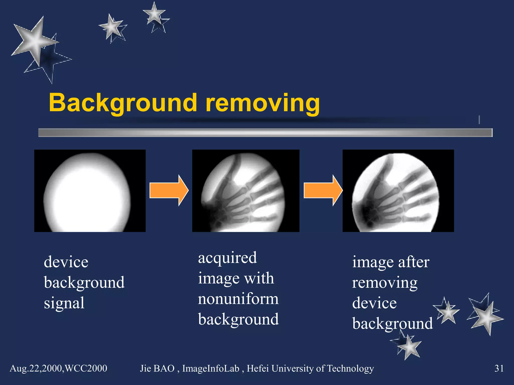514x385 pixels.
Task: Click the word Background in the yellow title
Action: coord(123,103)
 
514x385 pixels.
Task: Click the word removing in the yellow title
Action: coord(263,103)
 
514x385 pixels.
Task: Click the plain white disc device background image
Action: coord(90,191)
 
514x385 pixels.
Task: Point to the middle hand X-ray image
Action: coord(245,191)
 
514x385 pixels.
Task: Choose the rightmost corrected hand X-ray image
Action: coord(398,191)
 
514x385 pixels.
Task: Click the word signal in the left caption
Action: coord(64,303)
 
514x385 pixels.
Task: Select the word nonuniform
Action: coord(238,299)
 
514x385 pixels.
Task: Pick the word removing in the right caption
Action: coord(384,283)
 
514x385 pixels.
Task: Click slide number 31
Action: coord(499,368)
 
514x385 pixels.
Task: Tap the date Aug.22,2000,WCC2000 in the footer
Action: coord(58,368)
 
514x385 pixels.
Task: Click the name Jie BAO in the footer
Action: coord(157,368)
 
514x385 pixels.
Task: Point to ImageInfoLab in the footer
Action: coord(211,368)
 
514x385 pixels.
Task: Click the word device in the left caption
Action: coord(66,262)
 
